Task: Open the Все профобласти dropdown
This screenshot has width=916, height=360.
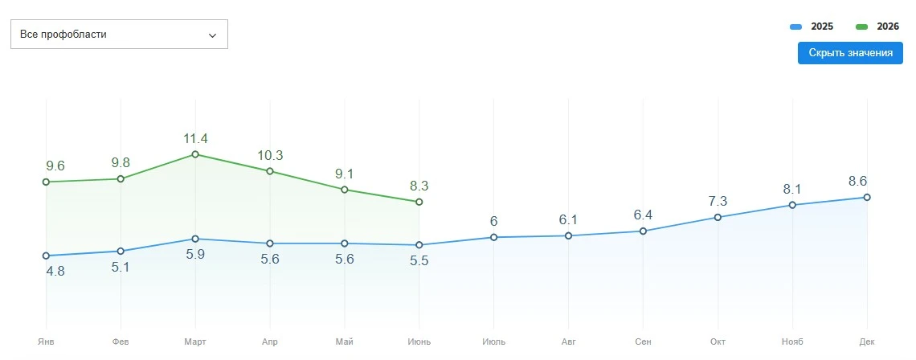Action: click(119, 35)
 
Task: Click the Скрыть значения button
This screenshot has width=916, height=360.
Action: click(851, 52)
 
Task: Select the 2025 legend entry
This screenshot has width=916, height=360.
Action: click(812, 27)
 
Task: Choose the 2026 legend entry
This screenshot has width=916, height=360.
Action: click(877, 27)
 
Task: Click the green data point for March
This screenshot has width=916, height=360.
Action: click(195, 154)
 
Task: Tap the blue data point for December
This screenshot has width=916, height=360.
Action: click(867, 197)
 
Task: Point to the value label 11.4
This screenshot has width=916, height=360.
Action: click(195, 138)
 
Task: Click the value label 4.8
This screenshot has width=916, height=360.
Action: click(55, 271)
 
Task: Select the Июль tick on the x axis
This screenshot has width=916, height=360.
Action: click(494, 342)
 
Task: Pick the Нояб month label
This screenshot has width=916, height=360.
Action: click(792, 342)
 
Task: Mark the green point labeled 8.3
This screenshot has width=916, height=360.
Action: click(419, 202)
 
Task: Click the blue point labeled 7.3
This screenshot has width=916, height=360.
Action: click(718, 218)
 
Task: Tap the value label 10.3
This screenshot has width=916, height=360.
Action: click(270, 155)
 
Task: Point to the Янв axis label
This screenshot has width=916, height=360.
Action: click(46, 342)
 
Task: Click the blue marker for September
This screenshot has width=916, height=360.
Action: click(643, 231)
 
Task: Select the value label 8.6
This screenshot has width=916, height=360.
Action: click(858, 181)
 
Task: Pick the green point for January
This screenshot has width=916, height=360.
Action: click(46, 182)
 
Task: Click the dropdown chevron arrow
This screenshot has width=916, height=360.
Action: click(212, 35)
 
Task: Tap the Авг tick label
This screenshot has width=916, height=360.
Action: click(568, 342)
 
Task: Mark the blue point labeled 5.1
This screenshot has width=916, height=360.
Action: click(121, 252)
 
